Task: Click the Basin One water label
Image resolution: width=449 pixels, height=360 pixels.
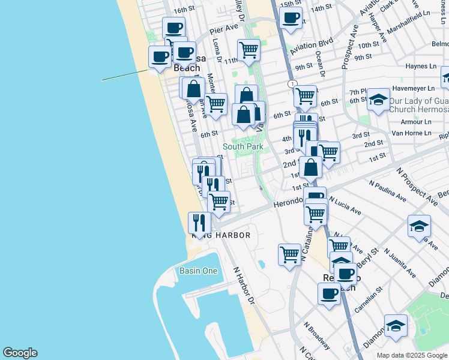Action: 198,271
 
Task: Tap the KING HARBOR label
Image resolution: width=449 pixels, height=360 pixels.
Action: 220,236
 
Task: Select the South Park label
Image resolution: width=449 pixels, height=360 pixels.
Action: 243,146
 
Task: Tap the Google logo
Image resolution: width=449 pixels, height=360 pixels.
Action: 20,353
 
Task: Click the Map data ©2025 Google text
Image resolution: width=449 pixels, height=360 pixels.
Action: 412,355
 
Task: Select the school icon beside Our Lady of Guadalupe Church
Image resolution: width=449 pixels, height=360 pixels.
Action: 378,100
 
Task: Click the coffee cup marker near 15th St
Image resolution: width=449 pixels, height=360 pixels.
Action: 291,18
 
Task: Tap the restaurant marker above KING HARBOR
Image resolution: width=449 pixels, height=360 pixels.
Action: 199,223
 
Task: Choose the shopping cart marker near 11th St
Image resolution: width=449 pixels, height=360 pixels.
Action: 248,50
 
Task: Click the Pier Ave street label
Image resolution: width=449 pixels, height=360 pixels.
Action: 224,29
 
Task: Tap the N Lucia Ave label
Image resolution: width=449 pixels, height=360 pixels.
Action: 345,206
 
